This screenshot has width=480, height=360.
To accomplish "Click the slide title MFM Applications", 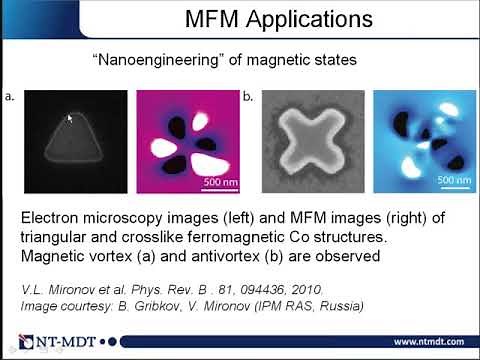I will (x=279, y=19).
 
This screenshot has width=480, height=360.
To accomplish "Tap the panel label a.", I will (x=9, y=97).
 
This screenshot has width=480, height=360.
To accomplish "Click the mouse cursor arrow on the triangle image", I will (x=69, y=119).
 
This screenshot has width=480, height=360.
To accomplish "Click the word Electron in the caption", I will (x=51, y=218).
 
